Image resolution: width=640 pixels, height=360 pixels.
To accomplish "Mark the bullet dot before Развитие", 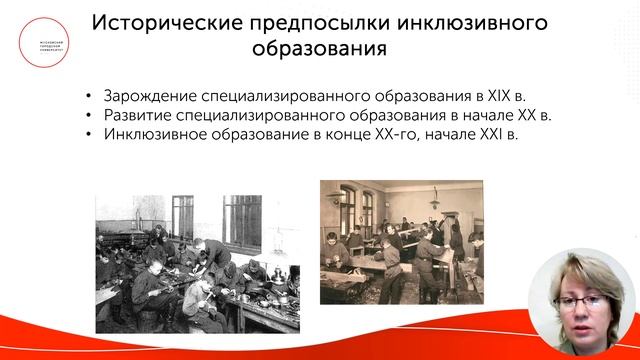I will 90,117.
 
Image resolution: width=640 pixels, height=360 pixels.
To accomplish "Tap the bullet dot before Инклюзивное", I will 90,136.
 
